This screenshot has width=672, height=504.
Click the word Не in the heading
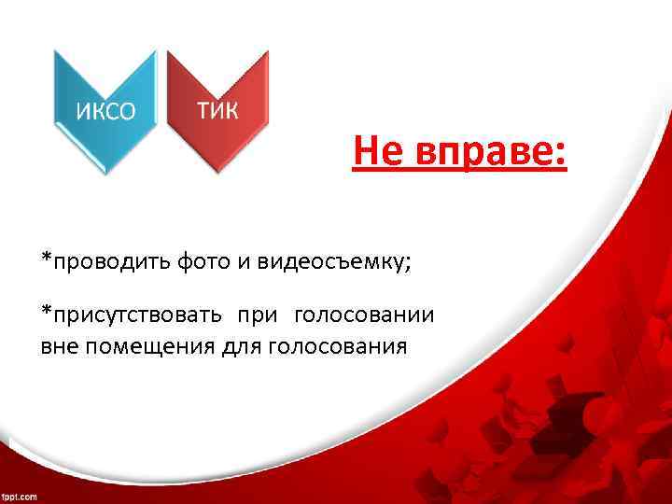coord(378,152)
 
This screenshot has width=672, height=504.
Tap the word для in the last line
coord(241,347)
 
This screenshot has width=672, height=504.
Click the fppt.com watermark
coord(19,497)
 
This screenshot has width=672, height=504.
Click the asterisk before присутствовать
coord(46,310)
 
